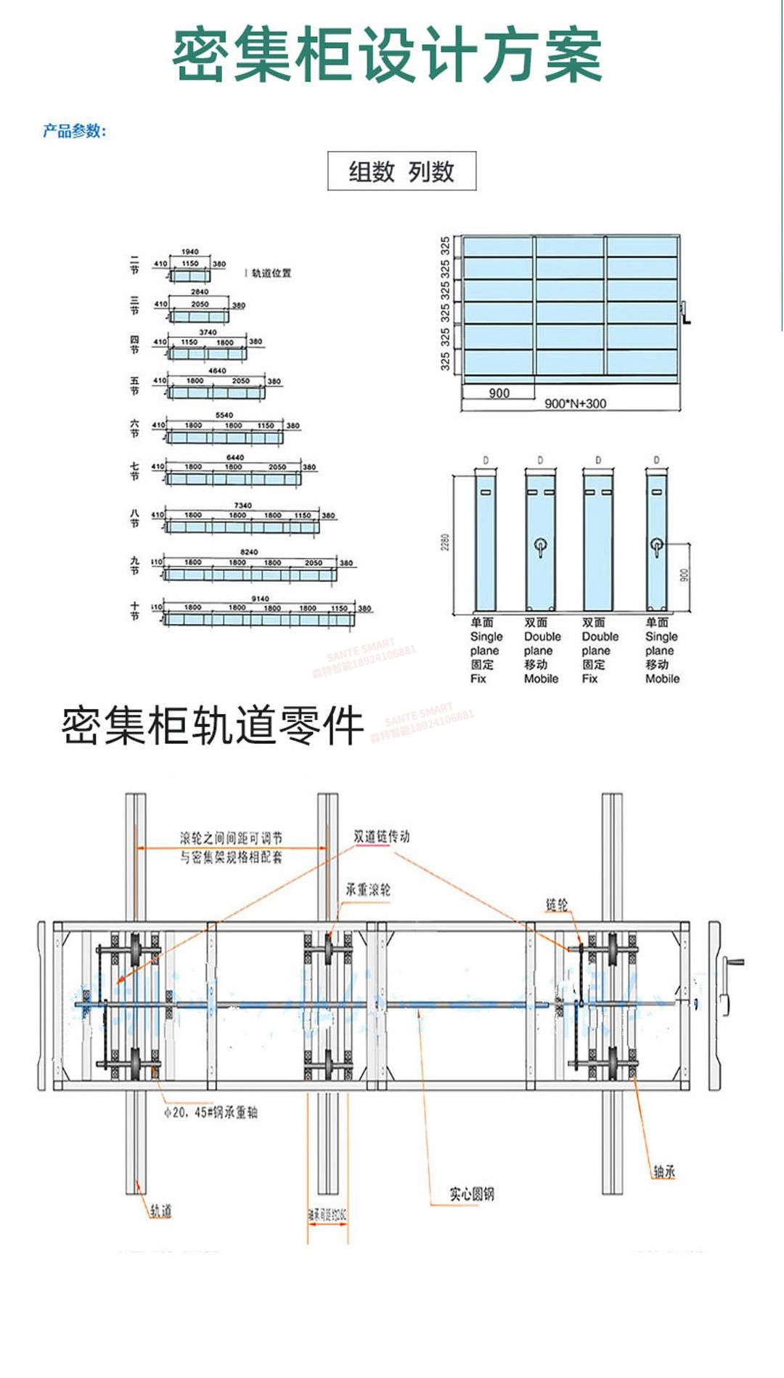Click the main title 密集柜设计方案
387,55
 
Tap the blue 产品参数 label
74,131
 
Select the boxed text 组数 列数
401,171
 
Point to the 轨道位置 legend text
271,273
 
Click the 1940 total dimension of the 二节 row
190,252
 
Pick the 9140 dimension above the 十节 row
260,599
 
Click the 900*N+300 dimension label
575,404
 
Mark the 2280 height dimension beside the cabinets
445,542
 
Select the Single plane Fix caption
484,650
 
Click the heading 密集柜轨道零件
212,726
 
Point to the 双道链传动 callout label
382,837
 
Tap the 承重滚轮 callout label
368,890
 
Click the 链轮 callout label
557,904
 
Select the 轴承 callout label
663,1171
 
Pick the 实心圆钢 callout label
472,1194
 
